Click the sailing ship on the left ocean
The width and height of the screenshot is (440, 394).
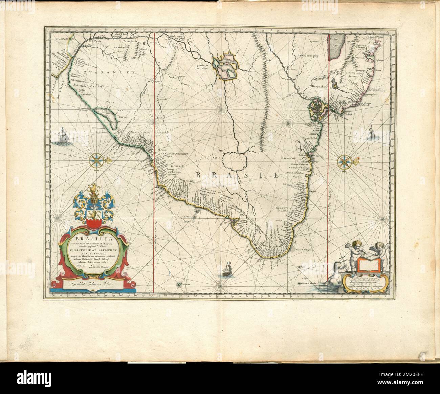tap(64, 136)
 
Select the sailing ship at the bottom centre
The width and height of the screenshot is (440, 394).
tap(227, 270)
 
